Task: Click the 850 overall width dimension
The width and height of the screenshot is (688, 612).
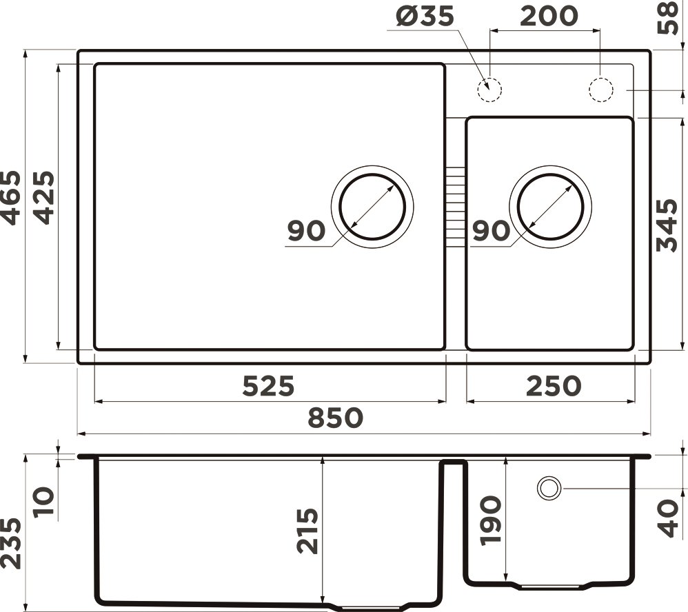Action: click(x=335, y=418)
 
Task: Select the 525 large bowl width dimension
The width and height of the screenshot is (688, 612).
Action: click(x=268, y=386)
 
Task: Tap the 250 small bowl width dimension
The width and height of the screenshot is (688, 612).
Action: click(x=554, y=386)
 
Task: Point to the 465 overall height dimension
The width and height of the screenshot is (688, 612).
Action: click(x=12, y=197)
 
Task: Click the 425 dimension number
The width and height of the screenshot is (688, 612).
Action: click(x=44, y=197)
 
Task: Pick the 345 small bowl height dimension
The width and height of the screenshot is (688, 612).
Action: click(x=667, y=225)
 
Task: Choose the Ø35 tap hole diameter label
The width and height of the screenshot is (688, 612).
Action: click(x=425, y=16)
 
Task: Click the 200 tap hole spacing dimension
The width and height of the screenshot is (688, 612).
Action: click(x=549, y=16)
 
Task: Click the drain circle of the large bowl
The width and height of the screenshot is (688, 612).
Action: click(x=372, y=207)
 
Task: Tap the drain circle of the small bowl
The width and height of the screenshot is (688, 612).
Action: click(x=550, y=207)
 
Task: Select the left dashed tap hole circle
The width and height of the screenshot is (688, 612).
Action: click(x=489, y=90)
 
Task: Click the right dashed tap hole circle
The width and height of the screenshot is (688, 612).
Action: click(x=600, y=90)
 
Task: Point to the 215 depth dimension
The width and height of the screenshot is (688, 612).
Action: click(x=308, y=531)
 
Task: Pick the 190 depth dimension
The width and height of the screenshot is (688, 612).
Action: click(x=491, y=521)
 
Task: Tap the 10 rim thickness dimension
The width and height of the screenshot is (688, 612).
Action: click(x=44, y=504)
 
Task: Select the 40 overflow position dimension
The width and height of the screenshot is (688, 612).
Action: click(x=667, y=518)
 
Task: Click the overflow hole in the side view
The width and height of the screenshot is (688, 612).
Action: click(x=549, y=488)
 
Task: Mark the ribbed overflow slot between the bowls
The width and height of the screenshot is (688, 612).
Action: click(x=455, y=207)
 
